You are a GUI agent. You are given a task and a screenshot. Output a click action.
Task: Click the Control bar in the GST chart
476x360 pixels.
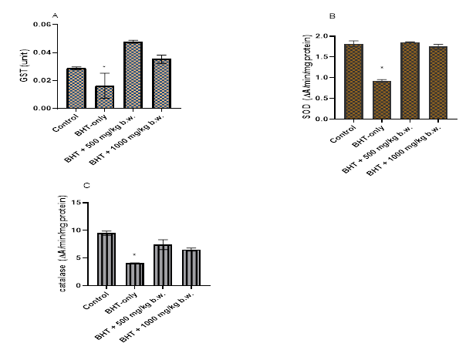point(76,89)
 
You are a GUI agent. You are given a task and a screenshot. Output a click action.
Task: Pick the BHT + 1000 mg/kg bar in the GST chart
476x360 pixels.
point(161,84)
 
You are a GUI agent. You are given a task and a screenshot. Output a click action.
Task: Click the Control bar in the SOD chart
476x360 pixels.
point(354,82)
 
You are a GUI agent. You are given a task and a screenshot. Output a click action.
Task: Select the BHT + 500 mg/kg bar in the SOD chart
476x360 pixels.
point(410,81)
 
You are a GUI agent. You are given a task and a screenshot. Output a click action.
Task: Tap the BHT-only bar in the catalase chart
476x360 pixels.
point(136,274)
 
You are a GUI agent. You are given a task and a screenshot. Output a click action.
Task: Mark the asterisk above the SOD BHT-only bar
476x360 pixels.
point(382,69)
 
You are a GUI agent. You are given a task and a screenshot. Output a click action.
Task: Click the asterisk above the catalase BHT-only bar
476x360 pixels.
point(135,255)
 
